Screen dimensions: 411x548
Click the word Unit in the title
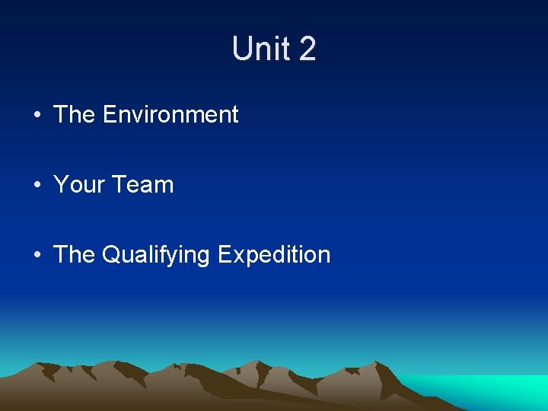[x=259, y=49]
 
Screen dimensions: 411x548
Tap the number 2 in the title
[x=307, y=49]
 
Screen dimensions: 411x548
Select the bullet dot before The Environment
[x=37, y=116]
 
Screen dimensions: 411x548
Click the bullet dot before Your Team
[x=37, y=186]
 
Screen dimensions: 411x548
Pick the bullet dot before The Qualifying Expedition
[x=37, y=256]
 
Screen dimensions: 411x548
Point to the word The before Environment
[x=74, y=115]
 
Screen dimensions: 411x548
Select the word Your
[x=78, y=185]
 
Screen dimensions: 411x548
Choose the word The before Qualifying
[x=74, y=255]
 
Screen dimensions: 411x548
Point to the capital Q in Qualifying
[x=110, y=255]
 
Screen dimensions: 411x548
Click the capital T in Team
[x=119, y=185]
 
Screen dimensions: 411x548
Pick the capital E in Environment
[x=109, y=115]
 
